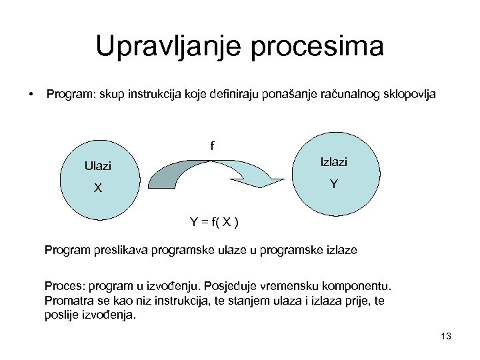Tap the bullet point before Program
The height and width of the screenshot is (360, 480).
[31, 95]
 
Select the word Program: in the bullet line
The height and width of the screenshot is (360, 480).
[69, 95]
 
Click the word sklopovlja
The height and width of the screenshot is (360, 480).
[407, 95]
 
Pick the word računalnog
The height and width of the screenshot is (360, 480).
[342, 95]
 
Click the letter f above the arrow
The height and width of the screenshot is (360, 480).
[213, 145]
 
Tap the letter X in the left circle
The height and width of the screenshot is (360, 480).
[98, 188]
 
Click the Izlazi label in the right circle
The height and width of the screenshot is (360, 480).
[333, 162]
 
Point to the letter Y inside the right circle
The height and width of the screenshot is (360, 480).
[333, 184]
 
